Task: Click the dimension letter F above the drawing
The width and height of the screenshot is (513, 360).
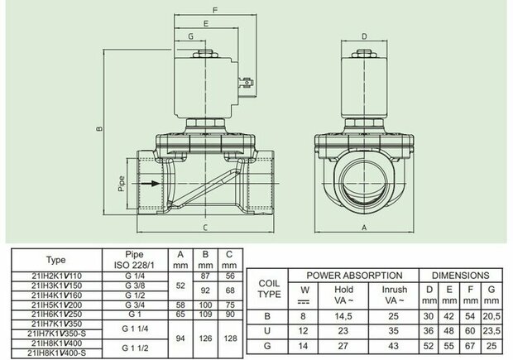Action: pyautogui.click(x=215, y=10)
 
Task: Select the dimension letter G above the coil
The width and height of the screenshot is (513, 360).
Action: pyautogui.click(x=191, y=36)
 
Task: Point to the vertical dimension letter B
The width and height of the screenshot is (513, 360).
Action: pyautogui.click(x=100, y=128)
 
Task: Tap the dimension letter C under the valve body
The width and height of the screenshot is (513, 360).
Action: pyautogui.click(x=205, y=228)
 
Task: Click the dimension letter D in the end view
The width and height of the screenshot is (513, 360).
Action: pyautogui.click(x=364, y=36)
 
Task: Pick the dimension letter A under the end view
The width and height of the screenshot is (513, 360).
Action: pyautogui.click(x=364, y=228)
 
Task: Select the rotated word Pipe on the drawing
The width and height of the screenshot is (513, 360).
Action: pyautogui.click(x=122, y=184)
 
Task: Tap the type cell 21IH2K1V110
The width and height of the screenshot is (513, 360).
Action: pyautogui.click(x=56, y=276)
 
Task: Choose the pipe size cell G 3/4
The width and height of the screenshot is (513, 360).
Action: pyautogui.click(x=135, y=305)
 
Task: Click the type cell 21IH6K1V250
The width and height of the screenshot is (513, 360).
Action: pyautogui.click(x=56, y=314)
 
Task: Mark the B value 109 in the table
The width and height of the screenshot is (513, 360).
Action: pyautogui.click(x=205, y=314)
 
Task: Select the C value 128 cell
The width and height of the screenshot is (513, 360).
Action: pyautogui.click(x=230, y=338)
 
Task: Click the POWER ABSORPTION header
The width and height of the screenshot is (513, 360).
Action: pyautogui.click(x=354, y=276)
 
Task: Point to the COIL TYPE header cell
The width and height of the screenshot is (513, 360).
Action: pyautogui.click(x=269, y=289)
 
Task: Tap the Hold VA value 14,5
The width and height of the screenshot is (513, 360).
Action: pyautogui.click(x=343, y=316)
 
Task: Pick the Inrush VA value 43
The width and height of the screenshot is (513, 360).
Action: pyautogui.click(x=394, y=346)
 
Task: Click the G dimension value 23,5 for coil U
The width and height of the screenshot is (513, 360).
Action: pyautogui.click(x=491, y=331)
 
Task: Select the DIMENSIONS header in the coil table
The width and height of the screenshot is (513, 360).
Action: pyautogui.click(x=461, y=276)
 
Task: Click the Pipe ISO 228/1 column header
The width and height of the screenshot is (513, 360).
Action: pyautogui.click(x=135, y=260)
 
